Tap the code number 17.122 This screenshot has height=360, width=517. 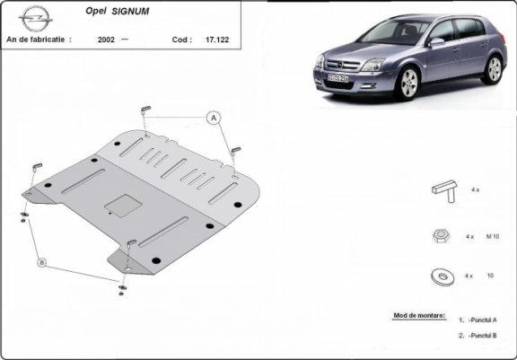coord(215,40)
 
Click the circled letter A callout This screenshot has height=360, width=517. coord(215,118)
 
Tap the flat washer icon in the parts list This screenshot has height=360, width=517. coord(443,274)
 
